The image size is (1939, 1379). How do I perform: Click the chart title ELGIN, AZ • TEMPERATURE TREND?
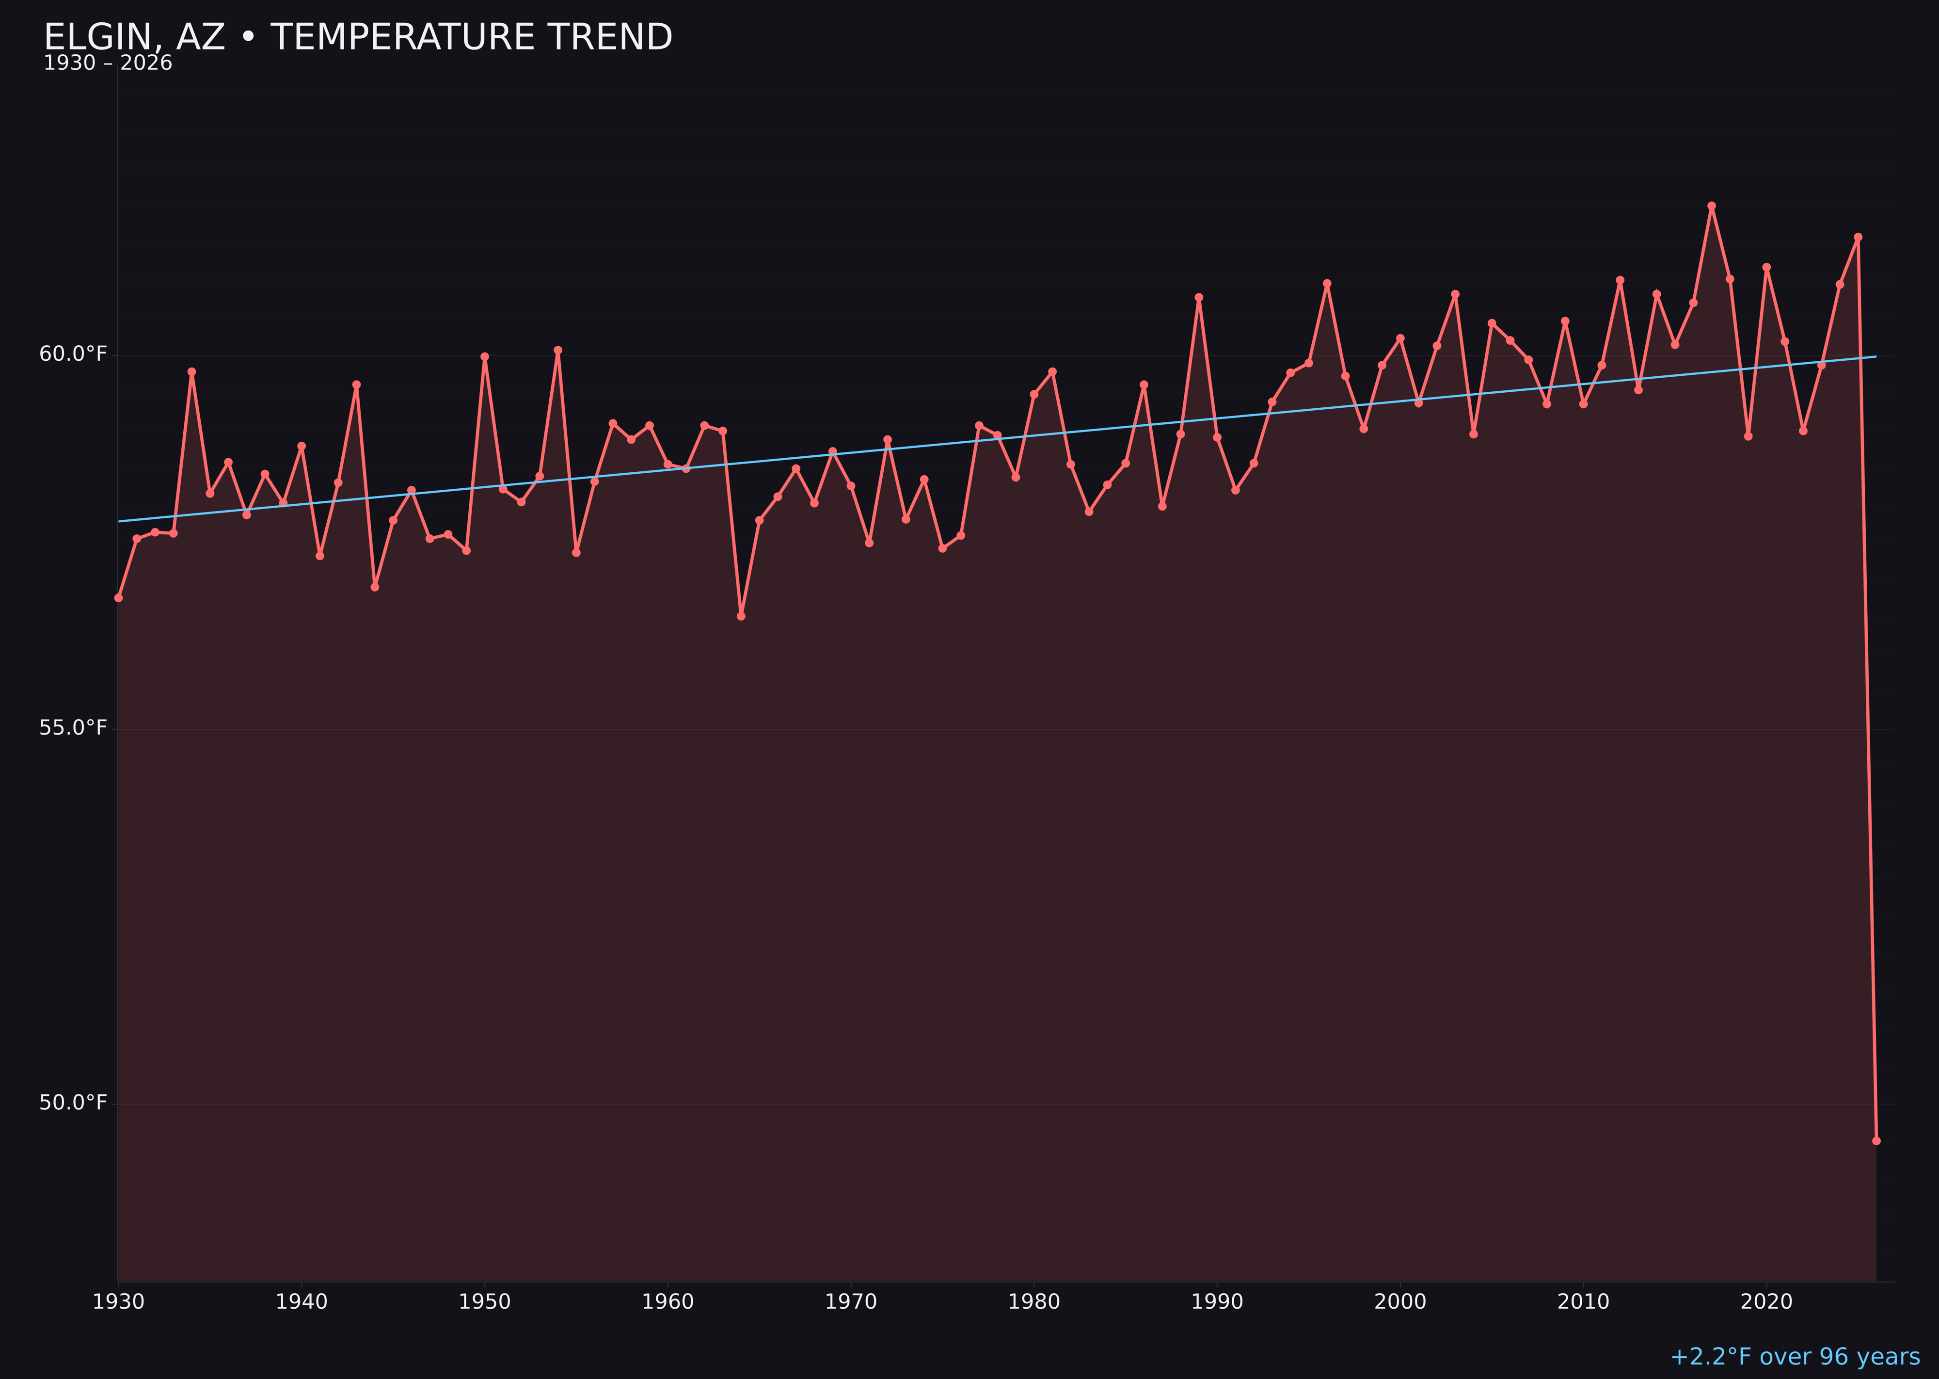pos(357,37)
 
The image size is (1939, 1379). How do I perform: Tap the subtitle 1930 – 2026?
pos(108,64)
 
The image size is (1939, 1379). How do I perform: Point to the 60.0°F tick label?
pos(73,354)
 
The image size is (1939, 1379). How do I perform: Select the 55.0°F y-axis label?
pos(73,729)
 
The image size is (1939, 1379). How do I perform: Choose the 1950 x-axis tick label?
pos(485,1302)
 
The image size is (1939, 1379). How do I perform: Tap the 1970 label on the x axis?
pos(851,1302)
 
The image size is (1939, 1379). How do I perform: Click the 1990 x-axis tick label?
pos(1217,1302)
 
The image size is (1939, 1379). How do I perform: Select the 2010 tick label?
pos(1583,1302)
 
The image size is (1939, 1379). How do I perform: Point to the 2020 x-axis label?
pos(1766,1302)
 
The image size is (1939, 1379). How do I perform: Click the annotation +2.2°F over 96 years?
pos(1795,1357)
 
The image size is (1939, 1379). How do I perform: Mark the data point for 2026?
pos(1876,1140)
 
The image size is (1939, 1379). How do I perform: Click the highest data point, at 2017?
pos(1712,206)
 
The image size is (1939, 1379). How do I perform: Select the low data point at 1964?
pos(741,616)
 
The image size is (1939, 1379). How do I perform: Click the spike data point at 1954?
pos(558,350)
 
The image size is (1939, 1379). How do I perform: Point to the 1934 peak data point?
pos(192,371)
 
